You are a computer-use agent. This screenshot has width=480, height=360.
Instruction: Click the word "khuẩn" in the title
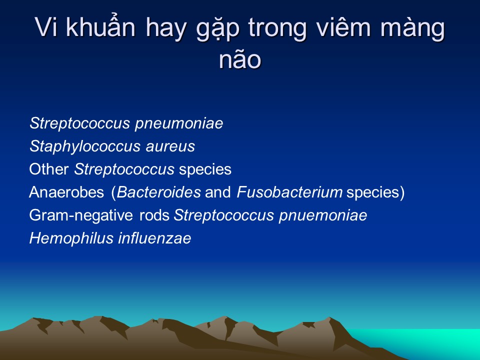click(100, 26)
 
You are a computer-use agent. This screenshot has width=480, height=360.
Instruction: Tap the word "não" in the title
click(239, 59)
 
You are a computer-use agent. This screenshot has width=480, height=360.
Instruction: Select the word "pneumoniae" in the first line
click(179, 124)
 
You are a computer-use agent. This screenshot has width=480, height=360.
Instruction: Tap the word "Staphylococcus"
click(85, 146)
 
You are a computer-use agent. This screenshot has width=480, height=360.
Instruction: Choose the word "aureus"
click(170, 147)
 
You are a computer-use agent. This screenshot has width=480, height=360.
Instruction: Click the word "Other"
click(49, 169)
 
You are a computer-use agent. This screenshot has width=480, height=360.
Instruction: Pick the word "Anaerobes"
click(66, 192)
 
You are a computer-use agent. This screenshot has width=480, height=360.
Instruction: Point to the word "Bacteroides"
click(159, 192)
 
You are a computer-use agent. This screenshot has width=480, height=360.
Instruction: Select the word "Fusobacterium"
click(289, 192)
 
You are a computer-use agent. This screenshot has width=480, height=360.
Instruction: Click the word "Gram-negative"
click(81, 215)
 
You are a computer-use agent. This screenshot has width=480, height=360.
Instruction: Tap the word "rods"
click(154, 215)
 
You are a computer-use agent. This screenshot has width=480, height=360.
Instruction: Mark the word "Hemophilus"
click(71, 238)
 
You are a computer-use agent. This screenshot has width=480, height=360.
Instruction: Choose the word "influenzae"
click(154, 238)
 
